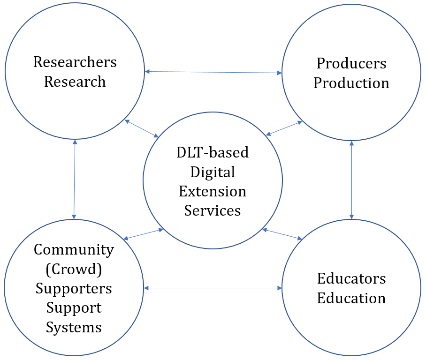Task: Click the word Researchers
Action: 75,62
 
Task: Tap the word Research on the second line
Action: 75,82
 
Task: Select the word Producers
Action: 351,63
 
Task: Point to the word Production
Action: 351,83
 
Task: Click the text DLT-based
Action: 213,152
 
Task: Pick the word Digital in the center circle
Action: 213,172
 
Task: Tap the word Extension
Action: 213,191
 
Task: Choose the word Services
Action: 213,210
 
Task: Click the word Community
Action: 74,250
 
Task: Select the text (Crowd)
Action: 74,269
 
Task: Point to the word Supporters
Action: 74,288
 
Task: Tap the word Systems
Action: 74,327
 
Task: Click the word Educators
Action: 351,278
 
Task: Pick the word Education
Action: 351,298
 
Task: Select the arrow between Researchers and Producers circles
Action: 213,72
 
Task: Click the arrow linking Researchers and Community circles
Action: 75,179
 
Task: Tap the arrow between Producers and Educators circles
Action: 351,180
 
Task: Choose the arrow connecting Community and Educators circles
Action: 213,288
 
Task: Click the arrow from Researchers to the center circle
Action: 141,128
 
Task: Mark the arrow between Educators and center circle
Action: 282,234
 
